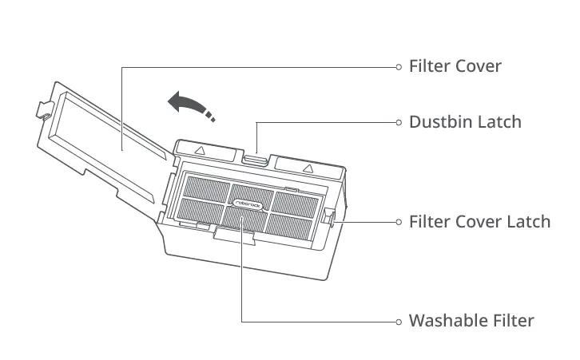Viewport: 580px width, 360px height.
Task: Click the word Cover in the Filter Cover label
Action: pos(478,66)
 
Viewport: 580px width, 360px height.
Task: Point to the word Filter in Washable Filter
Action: pos(512,321)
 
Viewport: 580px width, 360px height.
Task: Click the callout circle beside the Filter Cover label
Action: pos(398,67)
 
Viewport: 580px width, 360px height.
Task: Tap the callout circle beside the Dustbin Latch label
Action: pos(398,123)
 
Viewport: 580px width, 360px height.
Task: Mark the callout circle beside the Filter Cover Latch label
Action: pos(398,222)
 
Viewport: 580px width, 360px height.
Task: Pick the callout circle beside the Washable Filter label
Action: pos(398,322)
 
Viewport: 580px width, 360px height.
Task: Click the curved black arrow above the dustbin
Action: pos(189,103)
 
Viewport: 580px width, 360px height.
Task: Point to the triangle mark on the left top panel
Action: pos(200,150)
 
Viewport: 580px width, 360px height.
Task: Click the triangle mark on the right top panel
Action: pos(308,168)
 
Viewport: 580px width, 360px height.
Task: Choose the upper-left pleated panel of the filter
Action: pos(206,189)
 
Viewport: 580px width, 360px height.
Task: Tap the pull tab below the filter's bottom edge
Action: pos(238,234)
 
